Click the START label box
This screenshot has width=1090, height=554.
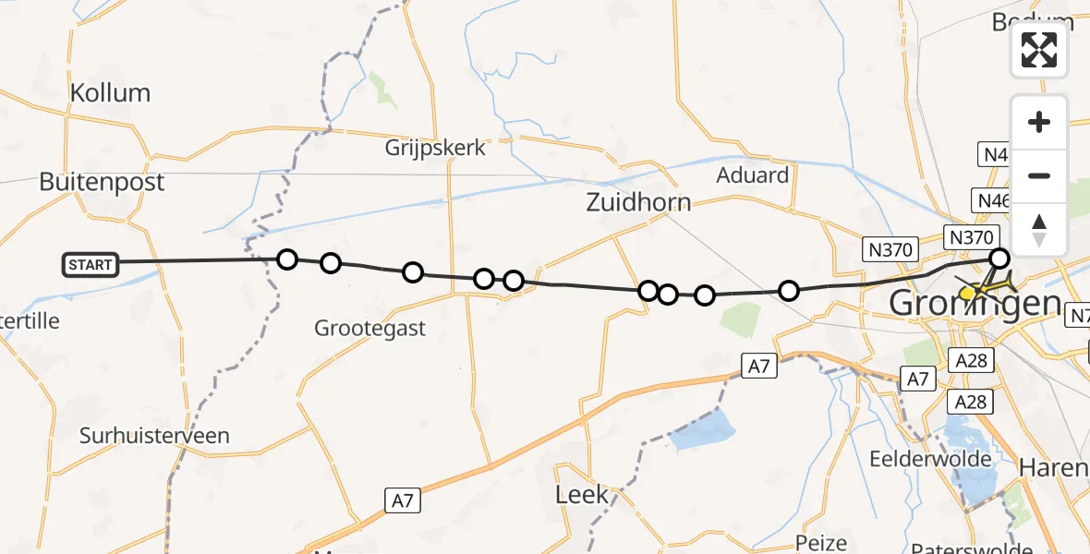click(x=91, y=265)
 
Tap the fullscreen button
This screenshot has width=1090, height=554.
click(x=1039, y=50)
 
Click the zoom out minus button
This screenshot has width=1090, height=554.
click(x=1039, y=175)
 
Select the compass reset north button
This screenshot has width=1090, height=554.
click(x=1039, y=229)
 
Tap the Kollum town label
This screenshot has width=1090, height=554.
click(x=111, y=93)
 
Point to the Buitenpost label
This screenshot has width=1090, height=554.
click(x=102, y=182)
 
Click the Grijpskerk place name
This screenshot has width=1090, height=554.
click(x=435, y=148)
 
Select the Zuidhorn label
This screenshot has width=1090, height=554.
click(x=637, y=203)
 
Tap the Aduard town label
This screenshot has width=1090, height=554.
click(x=753, y=175)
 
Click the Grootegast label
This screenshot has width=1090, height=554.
click(x=369, y=328)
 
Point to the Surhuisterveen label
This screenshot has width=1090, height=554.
click(x=154, y=436)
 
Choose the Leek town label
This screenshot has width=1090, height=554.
click(x=582, y=494)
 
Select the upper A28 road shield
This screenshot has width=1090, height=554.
click(x=972, y=360)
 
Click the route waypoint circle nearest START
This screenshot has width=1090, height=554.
click(x=287, y=259)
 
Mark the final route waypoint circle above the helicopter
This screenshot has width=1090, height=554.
click(x=999, y=259)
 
